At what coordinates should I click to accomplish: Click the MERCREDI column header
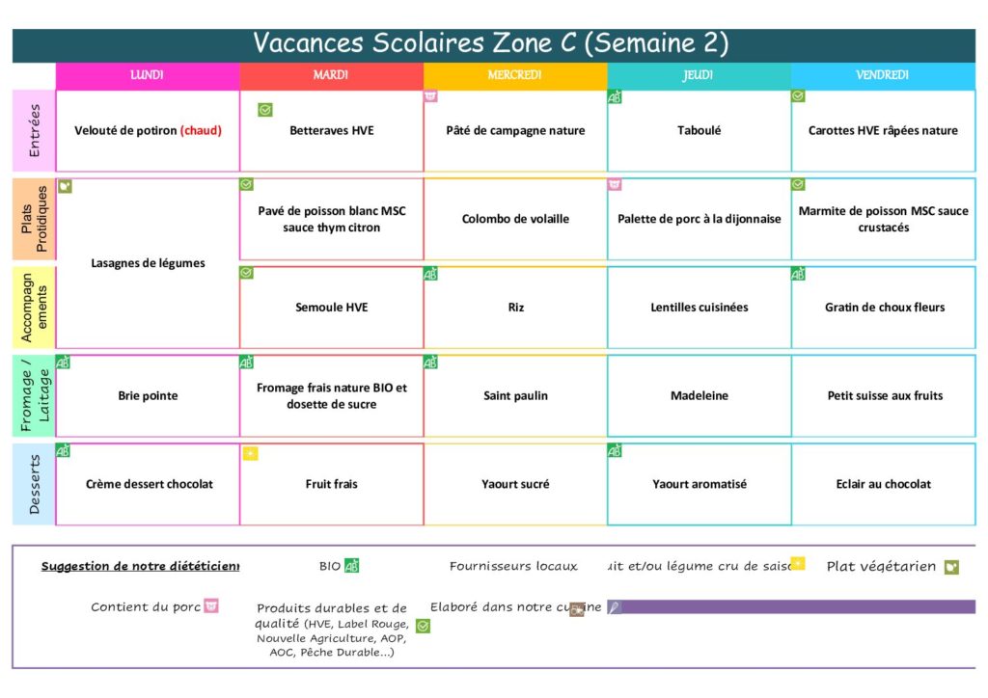(514, 75)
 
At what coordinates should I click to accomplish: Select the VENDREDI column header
(882, 75)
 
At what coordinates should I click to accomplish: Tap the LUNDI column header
(147, 75)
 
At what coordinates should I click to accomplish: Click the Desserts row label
(35, 484)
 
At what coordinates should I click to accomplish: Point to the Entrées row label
(35, 131)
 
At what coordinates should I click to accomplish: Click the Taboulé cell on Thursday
(699, 131)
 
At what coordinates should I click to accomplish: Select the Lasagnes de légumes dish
(148, 263)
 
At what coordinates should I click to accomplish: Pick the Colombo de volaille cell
(515, 219)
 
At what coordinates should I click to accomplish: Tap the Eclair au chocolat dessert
(883, 484)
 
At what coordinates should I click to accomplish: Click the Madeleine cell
(699, 395)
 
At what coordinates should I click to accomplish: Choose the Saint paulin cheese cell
(515, 395)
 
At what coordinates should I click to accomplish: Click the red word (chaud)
(201, 131)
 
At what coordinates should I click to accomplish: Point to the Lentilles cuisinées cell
(699, 308)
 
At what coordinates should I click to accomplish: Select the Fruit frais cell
(331, 484)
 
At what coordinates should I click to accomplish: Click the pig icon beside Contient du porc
(211, 605)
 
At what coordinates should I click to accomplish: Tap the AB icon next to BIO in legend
(351, 566)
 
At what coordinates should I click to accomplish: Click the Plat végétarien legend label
(881, 566)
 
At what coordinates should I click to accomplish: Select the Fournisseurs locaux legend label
(513, 566)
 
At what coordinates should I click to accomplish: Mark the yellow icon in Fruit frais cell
(250, 454)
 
